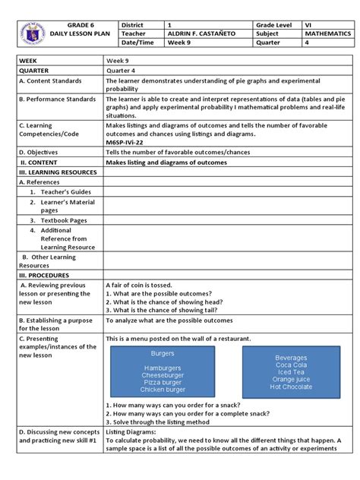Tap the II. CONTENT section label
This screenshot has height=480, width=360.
[44, 162]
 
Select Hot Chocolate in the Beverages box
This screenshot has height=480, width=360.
[291, 387]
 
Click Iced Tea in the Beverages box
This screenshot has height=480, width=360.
[291, 372]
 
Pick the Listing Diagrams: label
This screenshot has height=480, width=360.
[130, 431]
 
